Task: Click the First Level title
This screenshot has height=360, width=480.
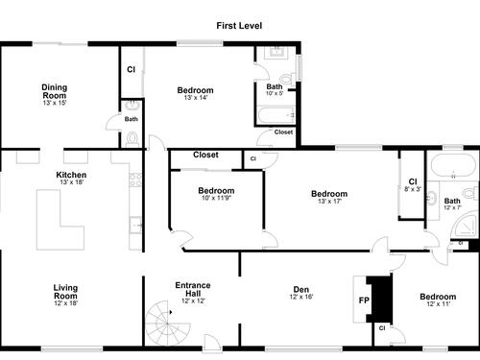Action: [x=239, y=26]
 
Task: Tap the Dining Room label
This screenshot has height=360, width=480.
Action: [x=55, y=91]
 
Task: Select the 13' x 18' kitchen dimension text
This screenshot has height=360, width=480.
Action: [x=71, y=182]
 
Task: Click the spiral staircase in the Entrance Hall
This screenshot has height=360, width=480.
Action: [x=167, y=324]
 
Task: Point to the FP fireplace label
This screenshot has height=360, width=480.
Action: [x=364, y=300]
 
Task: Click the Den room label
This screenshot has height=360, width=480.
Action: [x=301, y=290]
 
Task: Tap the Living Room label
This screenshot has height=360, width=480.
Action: [x=65, y=292]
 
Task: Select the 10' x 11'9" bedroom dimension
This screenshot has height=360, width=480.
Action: [x=216, y=198]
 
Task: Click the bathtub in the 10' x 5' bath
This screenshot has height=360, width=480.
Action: [x=276, y=115]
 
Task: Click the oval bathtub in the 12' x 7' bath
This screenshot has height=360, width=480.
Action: [x=453, y=165]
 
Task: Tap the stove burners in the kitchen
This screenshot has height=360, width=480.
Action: [x=135, y=180]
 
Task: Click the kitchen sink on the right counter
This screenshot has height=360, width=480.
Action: [x=135, y=225]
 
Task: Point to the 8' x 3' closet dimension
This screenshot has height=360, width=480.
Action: [x=413, y=189]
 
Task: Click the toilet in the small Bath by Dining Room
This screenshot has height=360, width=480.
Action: [x=132, y=139]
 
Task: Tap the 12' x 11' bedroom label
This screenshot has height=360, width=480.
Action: [x=438, y=300]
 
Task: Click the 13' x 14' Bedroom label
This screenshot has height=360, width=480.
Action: [x=195, y=90]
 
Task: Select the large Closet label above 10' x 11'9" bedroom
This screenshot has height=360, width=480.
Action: [x=205, y=155]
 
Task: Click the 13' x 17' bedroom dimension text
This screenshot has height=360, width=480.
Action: [x=329, y=202]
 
